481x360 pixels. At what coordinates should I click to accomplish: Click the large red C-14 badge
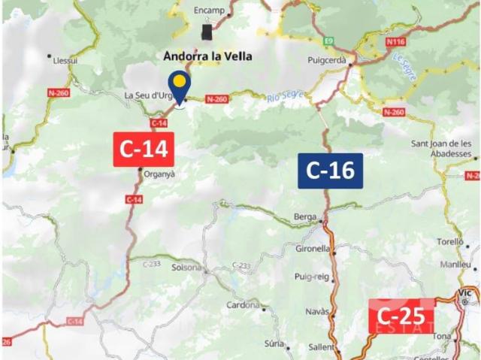144,149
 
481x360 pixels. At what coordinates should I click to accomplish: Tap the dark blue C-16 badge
331,171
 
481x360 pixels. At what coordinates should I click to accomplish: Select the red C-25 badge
401,316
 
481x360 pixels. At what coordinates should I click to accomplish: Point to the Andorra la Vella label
208,56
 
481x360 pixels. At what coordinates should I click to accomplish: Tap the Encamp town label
208,11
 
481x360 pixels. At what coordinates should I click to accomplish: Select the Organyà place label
159,174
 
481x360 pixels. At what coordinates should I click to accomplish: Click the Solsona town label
186,268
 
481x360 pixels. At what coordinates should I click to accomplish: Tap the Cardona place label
242,305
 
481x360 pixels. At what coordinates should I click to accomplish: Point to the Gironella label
313,248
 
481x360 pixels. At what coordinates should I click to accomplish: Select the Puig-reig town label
312,277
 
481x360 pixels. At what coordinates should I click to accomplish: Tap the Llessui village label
67,61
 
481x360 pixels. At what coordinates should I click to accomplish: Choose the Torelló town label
450,243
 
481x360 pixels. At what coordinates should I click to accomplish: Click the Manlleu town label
455,265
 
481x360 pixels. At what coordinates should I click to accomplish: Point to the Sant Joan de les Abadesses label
441,148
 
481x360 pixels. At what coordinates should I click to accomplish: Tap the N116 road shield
396,42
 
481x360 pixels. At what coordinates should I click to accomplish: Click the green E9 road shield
328,41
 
